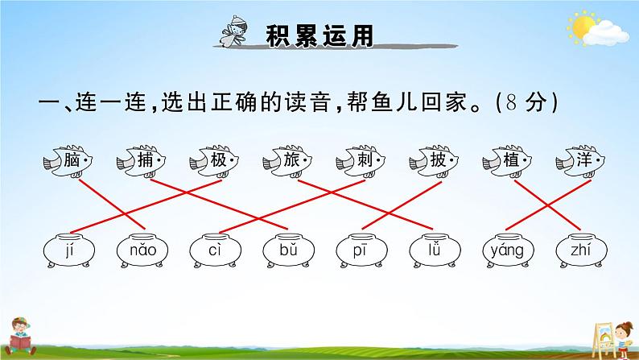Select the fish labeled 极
tap(215, 162)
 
